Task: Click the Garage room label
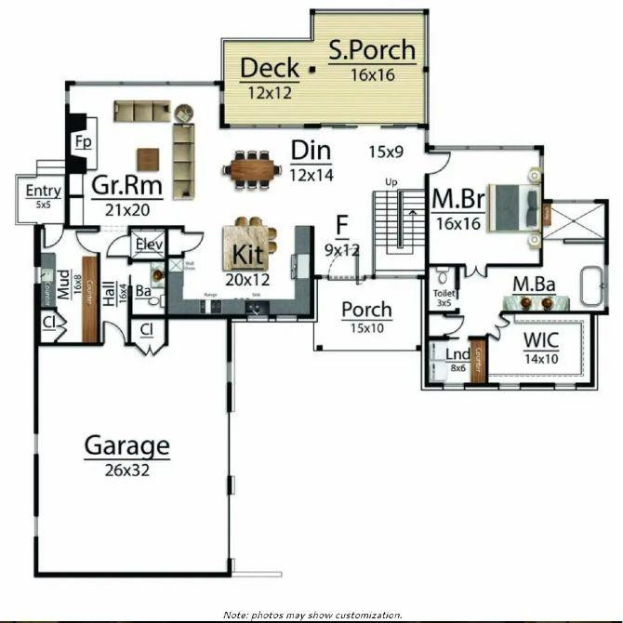[x=127, y=447]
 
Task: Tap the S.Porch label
[x=371, y=50]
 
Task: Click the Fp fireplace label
[x=83, y=142]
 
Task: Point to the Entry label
[x=43, y=192]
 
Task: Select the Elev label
[x=149, y=245]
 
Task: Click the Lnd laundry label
[x=457, y=355]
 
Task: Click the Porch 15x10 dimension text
[x=365, y=327]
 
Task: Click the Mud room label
[x=63, y=284]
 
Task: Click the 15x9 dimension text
[x=387, y=151]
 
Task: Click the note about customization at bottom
[x=312, y=615]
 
